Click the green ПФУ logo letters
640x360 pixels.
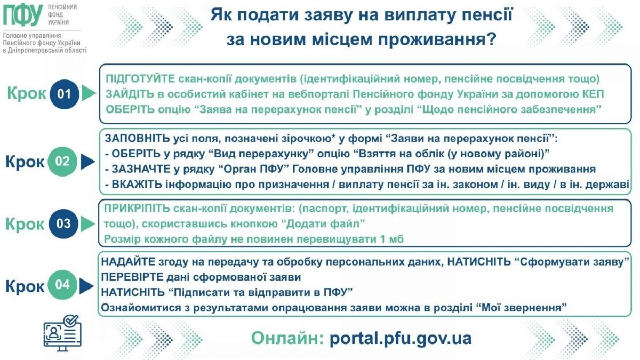pyautogui.click(x=23, y=15)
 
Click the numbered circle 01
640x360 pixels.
pyautogui.click(x=65, y=94)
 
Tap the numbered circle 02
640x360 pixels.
pyautogui.click(x=62, y=162)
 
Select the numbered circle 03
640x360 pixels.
pyautogui.click(x=63, y=223)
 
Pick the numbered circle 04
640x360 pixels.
pyautogui.click(x=62, y=285)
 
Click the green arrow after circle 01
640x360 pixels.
pyautogui.click(x=89, y=93)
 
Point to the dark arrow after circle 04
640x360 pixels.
pyautogui.click(x=86, y=286)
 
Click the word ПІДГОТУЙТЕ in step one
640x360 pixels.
pyautogui.click(x=140, y=79)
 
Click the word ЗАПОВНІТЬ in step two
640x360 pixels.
pyautogui.click(x=138, y=139)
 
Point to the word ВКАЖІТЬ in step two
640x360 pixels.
pyautogui.click(x=137, y=185)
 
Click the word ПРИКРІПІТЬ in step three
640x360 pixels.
pyautogui.click(x=137, y=209)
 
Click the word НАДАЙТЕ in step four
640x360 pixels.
pyautogui.click(x=128, y=261)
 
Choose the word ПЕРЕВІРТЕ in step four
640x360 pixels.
pyautogui.click(x=132, y=277)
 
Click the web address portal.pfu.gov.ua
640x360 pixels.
pyautogui.click(x=401, y=339)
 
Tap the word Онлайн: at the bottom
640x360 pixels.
pyautogui.click(x=287, y=338)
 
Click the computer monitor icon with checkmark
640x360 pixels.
pyautogui.click(x=62, y=333)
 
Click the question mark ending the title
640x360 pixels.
pyautogui.click(x=491, y=39)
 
